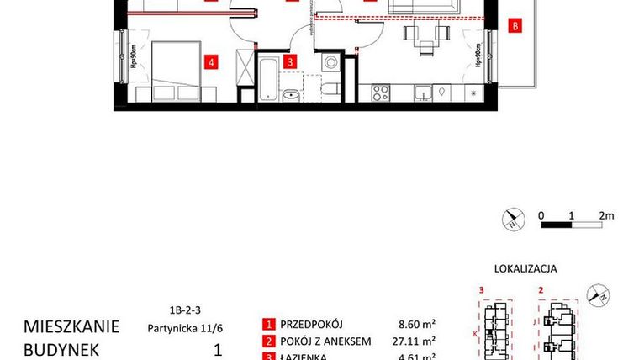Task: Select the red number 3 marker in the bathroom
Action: click(x=289, y=61)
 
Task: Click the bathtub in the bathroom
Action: click(x=267, y=80)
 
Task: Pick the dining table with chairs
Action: click(x=423, y=35)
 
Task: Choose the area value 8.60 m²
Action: click(x=416, y=324)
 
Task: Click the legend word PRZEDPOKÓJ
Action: click(x=315, y=324)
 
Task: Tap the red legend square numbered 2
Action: click(x=268, y=341)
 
